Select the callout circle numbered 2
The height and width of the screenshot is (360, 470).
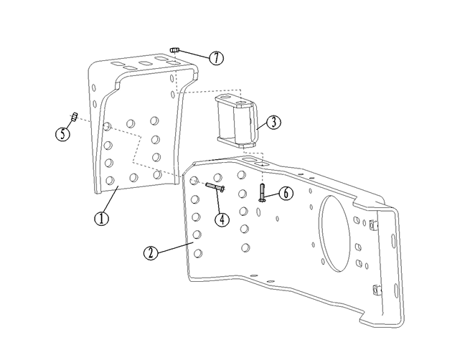(x=149, y=253)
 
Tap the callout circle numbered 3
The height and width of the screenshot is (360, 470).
(x=272, y=122)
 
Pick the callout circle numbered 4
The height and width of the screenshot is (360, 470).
(x=222, y=219)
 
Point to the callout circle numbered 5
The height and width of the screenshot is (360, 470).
(x=64, y=133)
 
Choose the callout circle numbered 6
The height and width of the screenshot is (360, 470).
(x=285, y=194)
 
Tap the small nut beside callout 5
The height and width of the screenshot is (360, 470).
(x=73, y=117)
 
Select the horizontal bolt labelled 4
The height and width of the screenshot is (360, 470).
(x=215, y=187)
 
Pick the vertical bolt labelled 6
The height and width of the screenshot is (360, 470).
(x=262, y=192)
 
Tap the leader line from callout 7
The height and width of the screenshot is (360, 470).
(x=194, y=54)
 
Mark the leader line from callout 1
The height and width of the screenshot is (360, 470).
(x=111, y=199)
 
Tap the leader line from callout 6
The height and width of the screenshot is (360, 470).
(x=272, y=194)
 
